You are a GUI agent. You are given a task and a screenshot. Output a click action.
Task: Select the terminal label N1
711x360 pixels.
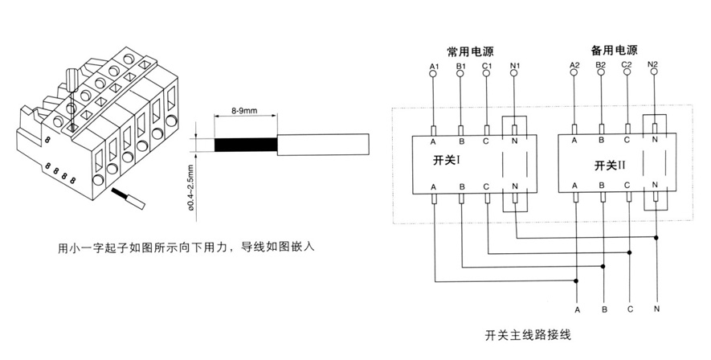point(514,63)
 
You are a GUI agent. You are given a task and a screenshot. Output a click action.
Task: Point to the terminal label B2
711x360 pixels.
point(600,63)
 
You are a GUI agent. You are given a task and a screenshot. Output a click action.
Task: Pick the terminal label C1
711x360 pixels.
point(487,63)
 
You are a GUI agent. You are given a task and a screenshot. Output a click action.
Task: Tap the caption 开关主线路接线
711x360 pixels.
point(528,333)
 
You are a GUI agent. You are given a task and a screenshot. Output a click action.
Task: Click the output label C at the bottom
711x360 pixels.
point(631,309)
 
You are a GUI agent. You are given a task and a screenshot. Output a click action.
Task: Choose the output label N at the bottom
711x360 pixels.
point(658,309)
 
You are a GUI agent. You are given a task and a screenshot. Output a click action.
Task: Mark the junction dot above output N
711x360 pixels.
point(658,238)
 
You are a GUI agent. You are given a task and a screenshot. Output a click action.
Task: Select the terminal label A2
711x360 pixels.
point(574,63)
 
